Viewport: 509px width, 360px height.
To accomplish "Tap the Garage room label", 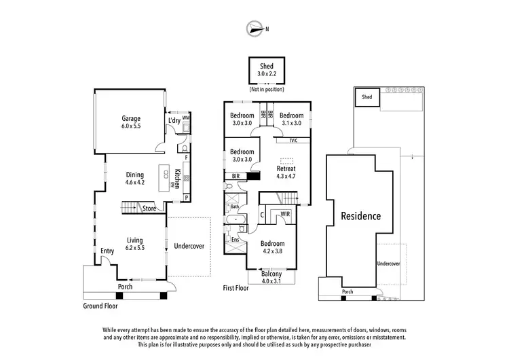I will click(130, 122).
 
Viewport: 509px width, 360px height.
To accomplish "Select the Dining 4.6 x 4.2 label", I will click(134, 179).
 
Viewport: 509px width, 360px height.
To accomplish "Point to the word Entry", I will click(107, 251).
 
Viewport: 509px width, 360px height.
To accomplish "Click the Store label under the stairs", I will click(149, 209).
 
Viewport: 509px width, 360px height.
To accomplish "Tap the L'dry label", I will click(174, 121).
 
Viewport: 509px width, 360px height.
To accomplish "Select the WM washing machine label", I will click(186, 117).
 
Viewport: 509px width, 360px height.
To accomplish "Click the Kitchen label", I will click(177, 178).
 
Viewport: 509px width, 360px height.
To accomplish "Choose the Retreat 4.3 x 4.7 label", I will click(286, 173).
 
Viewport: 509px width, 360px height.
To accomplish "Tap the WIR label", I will click(286, 214).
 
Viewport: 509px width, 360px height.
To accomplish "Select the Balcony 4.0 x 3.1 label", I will click(271, 277).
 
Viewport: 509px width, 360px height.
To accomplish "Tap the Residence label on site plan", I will click(360, 216).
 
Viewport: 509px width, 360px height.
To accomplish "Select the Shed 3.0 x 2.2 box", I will click(266, 69).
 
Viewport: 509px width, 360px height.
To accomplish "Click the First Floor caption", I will click(235, 288).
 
